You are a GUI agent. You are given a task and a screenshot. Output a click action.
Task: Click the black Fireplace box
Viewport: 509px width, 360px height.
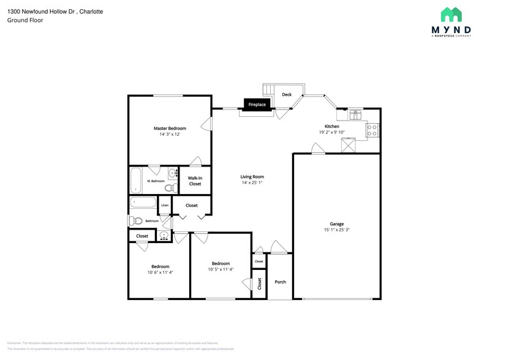257,105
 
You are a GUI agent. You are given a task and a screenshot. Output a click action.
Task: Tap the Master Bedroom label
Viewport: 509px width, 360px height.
170,128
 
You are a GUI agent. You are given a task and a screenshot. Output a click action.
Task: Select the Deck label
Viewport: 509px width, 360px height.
287,94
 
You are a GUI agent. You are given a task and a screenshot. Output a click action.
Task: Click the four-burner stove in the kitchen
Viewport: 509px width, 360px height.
372,130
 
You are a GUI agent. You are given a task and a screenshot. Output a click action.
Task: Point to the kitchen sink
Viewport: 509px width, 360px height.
355,114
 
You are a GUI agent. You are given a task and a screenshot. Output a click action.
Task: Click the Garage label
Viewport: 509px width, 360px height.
336,224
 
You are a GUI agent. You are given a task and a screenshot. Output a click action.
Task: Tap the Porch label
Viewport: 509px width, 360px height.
281,282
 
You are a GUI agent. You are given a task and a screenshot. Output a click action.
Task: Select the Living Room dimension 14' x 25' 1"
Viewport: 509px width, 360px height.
252,182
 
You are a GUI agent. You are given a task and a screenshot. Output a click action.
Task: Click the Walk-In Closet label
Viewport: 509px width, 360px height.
195,181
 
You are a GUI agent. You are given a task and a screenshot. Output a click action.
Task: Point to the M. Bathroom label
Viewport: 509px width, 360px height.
156,181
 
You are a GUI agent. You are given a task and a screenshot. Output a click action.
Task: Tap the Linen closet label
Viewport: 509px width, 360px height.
165,205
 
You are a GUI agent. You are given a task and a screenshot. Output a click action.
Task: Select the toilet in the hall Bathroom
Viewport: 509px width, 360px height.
136,220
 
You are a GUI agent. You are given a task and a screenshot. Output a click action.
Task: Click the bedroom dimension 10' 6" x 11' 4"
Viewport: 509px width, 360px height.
160,272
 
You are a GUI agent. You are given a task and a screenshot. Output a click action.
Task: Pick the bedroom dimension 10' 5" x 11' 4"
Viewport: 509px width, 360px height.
221,269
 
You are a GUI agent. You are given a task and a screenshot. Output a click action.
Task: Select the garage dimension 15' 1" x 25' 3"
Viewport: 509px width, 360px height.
336,230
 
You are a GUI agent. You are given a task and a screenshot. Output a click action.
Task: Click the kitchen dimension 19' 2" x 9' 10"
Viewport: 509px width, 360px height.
332,132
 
